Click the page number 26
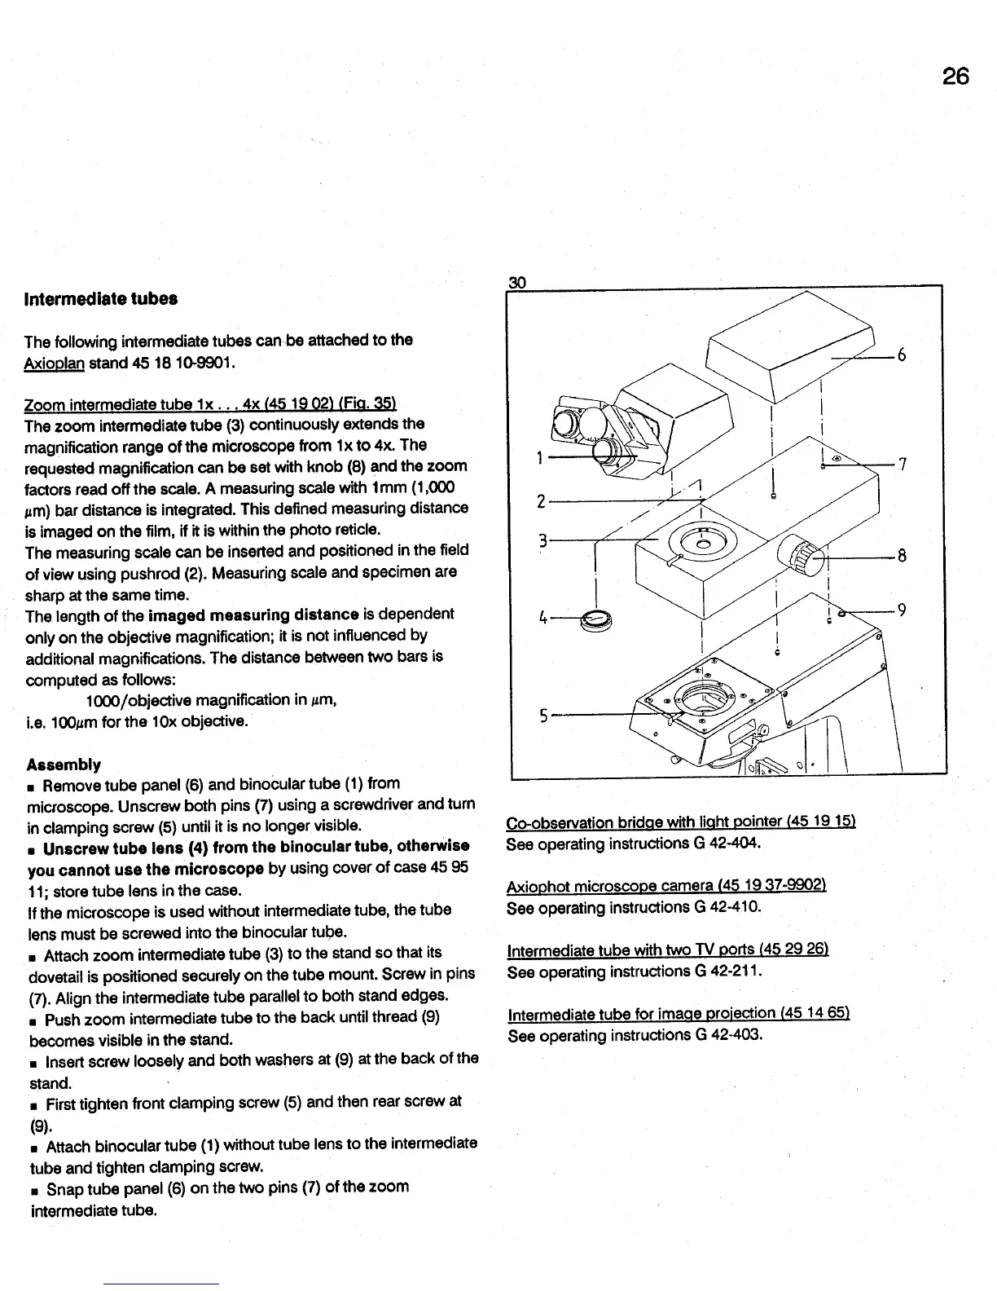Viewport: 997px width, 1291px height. pos(955,76)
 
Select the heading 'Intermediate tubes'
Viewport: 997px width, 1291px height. pos(101,298)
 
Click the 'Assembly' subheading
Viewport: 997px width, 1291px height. pos(64,764)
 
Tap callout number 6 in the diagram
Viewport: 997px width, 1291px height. pos(901,355)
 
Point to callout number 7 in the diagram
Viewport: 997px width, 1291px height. pos(902,464)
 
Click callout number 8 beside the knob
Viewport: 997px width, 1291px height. pos(902,556)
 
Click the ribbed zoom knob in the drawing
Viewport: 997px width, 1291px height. pos(802,558)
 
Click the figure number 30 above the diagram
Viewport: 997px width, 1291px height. pos(516,283)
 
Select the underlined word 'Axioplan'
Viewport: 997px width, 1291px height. pos(55,361)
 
